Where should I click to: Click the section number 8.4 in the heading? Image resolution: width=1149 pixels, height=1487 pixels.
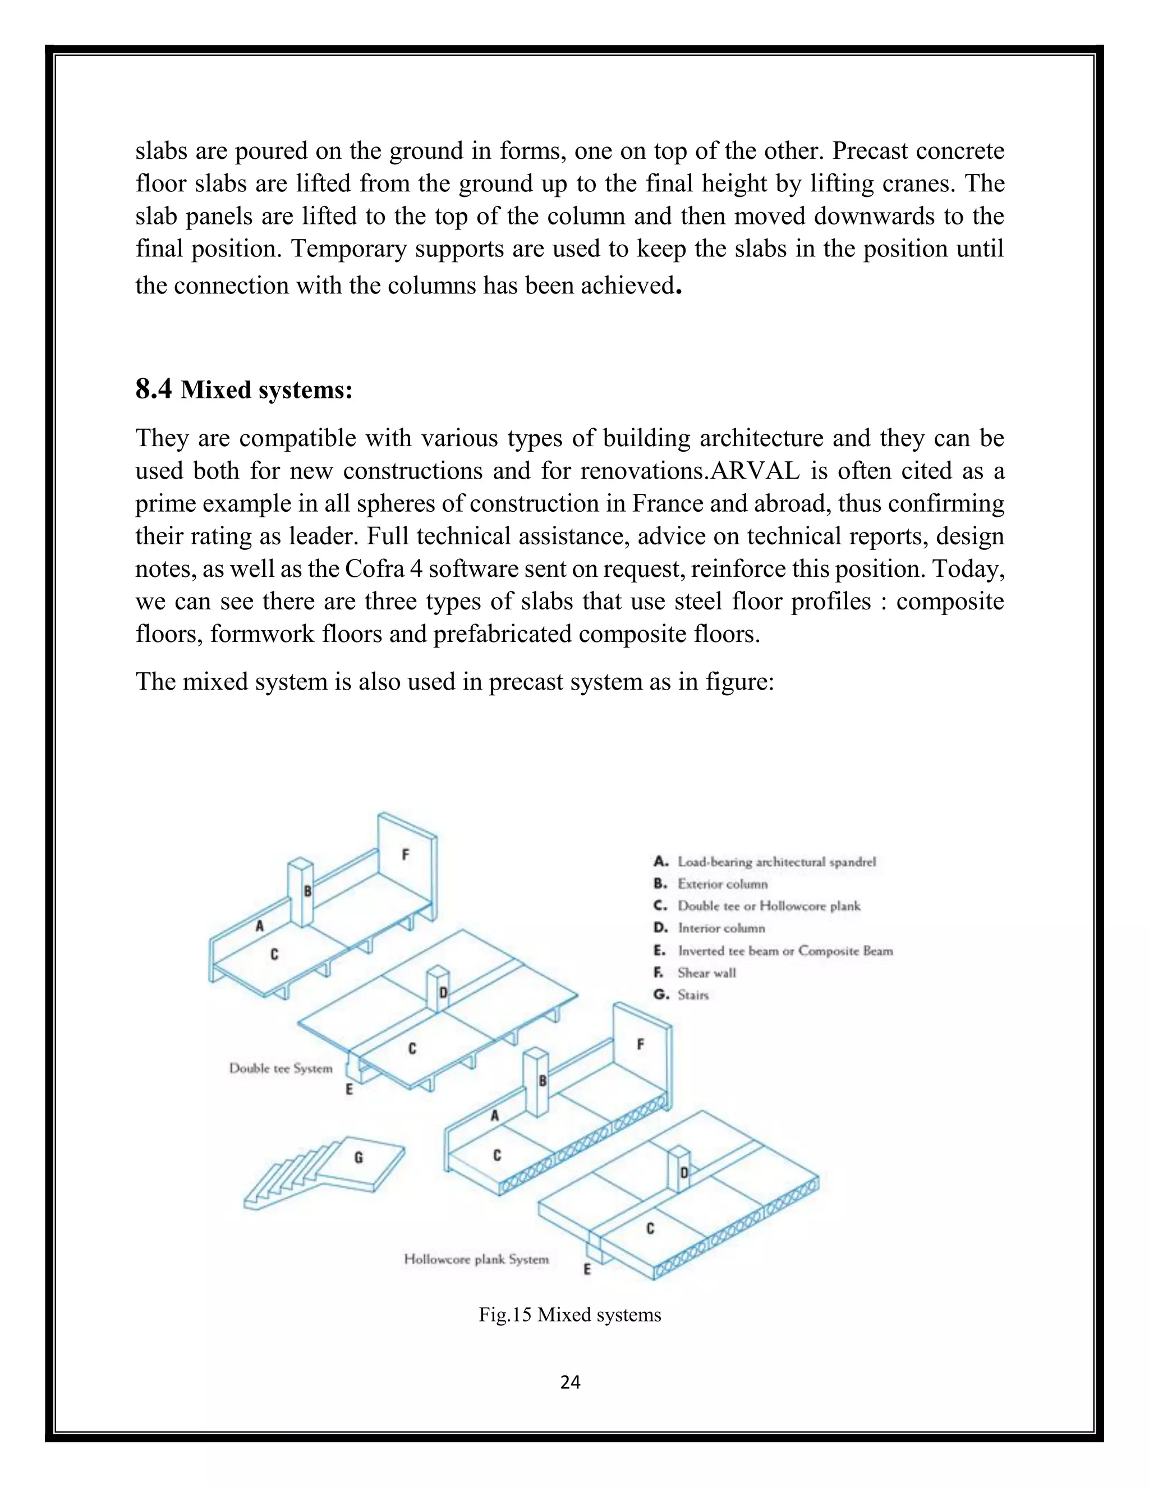click(x=153, y=389)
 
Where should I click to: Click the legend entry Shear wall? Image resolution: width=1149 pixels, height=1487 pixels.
click(x=706, y=972)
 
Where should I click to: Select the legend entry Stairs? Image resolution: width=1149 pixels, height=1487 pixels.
click(x=692, y=995)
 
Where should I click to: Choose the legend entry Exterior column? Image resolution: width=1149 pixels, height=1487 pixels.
click(x=721, y=884)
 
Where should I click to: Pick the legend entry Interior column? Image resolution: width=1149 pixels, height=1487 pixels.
click(x=721, y=928)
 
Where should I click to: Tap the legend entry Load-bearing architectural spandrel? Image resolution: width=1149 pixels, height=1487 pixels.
click(x=776, y=862)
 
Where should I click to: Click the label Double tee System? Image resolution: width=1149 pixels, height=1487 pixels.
click(x=281, y=1068)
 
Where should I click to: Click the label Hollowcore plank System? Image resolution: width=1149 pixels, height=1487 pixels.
click(x=476, y=1259)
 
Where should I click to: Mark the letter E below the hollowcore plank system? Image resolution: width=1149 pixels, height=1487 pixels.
click(x=587, y=1269)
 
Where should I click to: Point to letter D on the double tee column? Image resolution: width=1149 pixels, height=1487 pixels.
click(x=443, y=993)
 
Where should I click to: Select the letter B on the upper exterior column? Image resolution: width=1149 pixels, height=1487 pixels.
click(x=307, y=891)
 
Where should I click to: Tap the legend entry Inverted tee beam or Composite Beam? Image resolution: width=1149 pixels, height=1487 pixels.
click(x=784, y=951)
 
